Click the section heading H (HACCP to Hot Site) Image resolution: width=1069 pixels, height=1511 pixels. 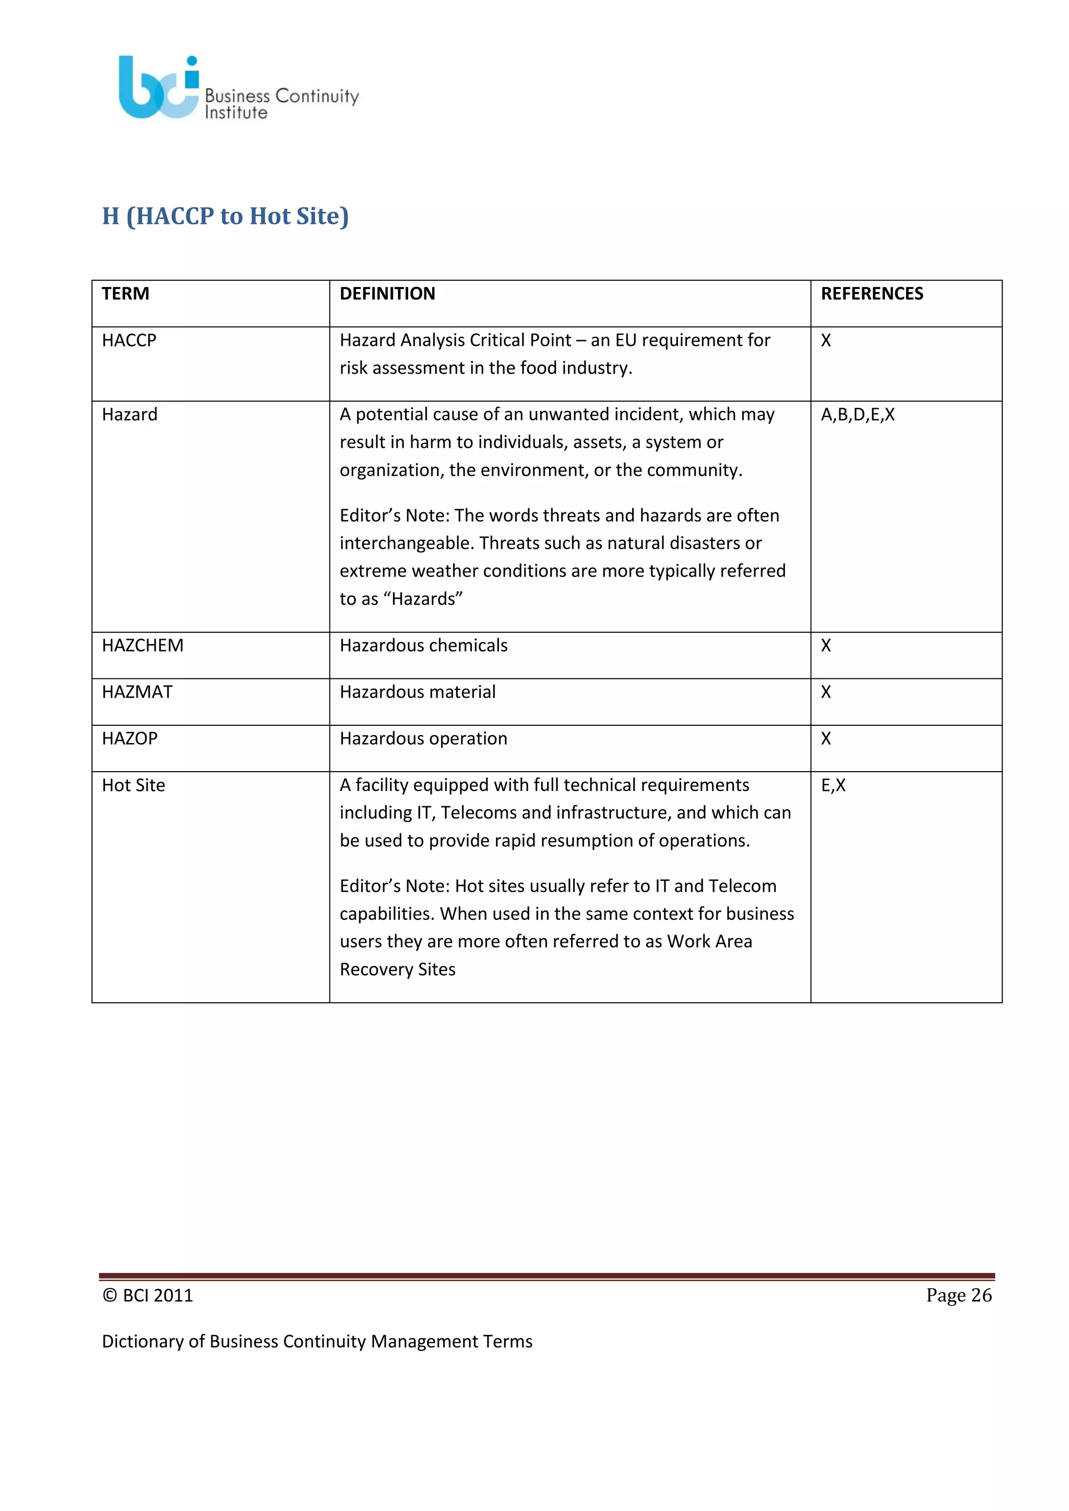coord(225,216)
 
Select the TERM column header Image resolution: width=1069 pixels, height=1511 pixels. coord(126,294)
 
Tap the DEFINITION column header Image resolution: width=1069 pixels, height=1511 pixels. coord(387,294)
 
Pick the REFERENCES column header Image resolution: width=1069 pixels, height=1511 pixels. coord(872,294)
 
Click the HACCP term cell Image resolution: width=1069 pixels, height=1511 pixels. coord(129,340)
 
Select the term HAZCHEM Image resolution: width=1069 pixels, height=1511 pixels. coord(143,645)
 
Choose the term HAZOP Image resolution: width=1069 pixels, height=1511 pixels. coord(129,738)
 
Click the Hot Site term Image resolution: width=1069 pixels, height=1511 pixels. coord(134,785)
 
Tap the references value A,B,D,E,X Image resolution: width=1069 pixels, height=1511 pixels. coord(858,415)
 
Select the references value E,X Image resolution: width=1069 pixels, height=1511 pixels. coord(834,785)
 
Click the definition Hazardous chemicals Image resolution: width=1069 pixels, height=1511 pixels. coord(423,645)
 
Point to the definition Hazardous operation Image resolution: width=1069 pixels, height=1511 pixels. coord(423,738)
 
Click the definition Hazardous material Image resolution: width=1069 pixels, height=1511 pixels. coord(418,692)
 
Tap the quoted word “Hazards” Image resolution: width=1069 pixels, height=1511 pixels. coord(423,599)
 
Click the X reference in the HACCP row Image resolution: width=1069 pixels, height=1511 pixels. coord(826,340)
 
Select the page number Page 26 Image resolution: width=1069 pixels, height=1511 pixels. coord(958,1295)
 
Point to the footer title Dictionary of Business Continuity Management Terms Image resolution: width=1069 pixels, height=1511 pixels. coord(317,1341)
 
